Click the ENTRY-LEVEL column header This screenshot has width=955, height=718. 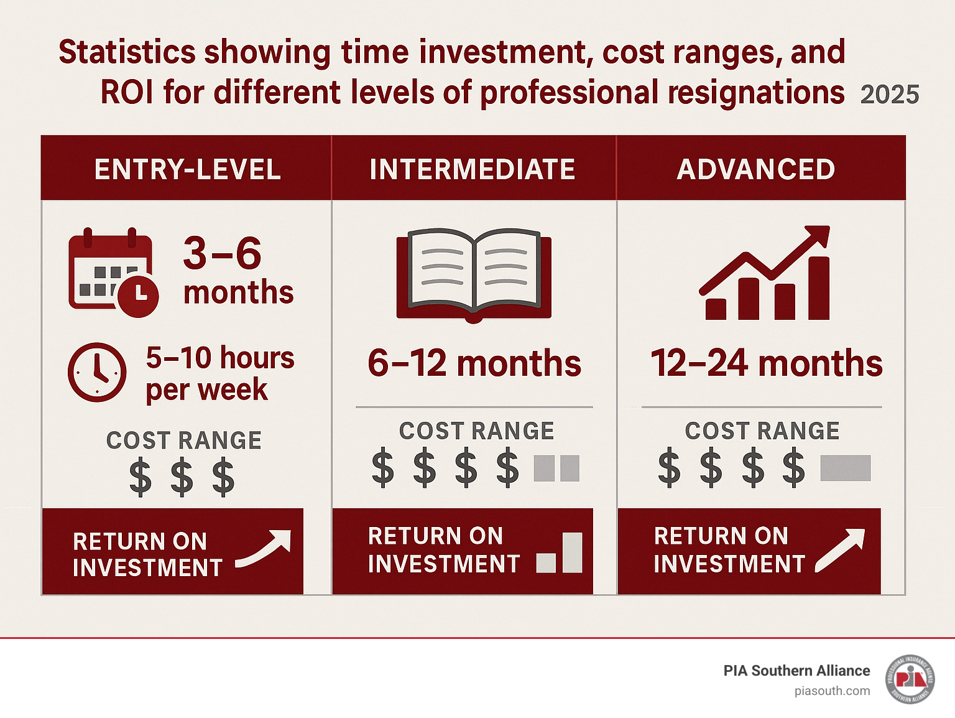188,169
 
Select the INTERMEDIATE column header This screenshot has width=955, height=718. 473,169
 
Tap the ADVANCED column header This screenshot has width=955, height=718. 756,169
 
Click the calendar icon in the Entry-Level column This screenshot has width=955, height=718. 113,272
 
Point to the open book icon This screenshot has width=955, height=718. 474,275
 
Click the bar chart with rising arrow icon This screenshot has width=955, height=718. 764,273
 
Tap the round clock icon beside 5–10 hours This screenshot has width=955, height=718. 97,372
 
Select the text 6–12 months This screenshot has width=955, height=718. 474,363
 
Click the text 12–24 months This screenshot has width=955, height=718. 766,363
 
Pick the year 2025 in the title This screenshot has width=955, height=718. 890,95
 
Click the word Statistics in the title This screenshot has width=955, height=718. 127,52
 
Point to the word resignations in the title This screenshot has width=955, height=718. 756,93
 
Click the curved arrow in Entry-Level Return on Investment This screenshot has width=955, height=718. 264,548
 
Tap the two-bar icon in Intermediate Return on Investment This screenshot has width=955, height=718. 560,552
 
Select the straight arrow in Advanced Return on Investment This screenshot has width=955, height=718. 840,551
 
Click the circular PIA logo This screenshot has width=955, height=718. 910,679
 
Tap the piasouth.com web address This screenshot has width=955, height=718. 832,691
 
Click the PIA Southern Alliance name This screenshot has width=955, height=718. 796,671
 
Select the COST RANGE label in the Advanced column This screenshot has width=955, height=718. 762,431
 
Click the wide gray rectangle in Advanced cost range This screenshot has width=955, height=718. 846,468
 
